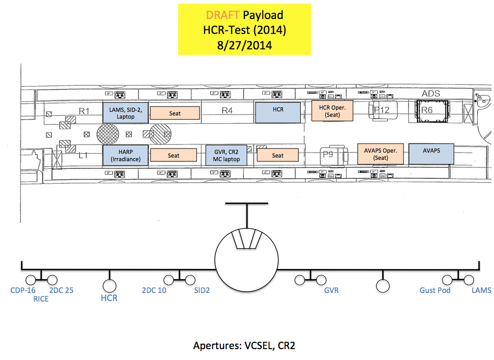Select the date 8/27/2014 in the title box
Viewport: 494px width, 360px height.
click(x=244, y=45)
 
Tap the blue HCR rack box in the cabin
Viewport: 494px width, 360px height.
click(x=278, y=112)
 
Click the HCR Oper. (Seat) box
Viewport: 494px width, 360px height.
click(x=332, y=111)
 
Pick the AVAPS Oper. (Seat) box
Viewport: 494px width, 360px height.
click(x=380, y=154)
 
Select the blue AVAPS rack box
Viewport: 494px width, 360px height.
click(x=431, y=154)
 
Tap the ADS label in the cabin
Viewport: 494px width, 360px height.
click(x=431, y=94)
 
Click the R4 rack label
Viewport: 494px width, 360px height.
click(x=227, y=110)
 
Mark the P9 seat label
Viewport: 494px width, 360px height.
click(x=328, y=154)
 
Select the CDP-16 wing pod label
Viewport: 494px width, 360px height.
click(x=23, y=290)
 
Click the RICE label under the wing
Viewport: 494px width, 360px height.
click(x=41, y=299)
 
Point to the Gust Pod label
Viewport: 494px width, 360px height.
click(x=435, y=290)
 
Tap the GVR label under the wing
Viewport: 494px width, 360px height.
click(x=331, y=290)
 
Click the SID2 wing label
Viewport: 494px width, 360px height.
click(x=202, y=290)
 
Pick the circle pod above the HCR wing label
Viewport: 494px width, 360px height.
click(x=109, y=285)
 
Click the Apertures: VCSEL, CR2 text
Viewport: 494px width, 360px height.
click(x=244, y=346)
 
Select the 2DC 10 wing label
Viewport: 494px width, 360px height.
click(x=154, y=290)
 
